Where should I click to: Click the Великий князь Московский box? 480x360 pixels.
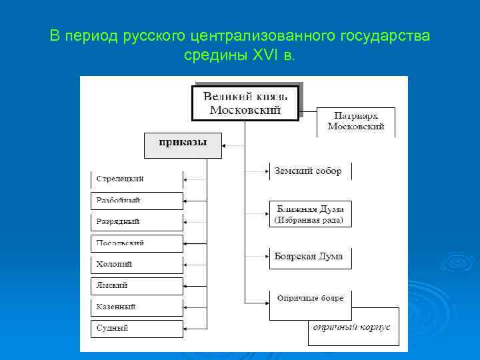point(245,102)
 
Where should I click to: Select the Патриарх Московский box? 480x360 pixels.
point(355,121)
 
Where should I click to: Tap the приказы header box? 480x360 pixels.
point(183,145)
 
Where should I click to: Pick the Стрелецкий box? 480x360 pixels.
point(137,179)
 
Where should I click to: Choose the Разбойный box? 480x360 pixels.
point(137,201)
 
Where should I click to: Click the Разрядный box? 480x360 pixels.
point(137,221)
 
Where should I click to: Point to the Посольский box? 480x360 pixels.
point(137,243)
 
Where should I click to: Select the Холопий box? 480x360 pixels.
point(137,265)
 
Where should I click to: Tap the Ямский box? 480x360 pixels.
point(137,286)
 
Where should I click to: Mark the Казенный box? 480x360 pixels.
point(137,307)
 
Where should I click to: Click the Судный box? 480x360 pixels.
point(137,328)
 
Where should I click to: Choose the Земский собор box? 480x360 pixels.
point(309,171)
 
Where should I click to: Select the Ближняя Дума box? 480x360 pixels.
point(309,213)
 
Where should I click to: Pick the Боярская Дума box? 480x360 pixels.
point(309,257)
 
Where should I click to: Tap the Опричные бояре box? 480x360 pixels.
point(309,299)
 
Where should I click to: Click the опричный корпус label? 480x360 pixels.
point(353,328)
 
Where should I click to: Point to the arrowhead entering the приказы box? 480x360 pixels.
point(225,145)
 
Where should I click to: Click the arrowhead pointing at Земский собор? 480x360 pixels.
point(266,171)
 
